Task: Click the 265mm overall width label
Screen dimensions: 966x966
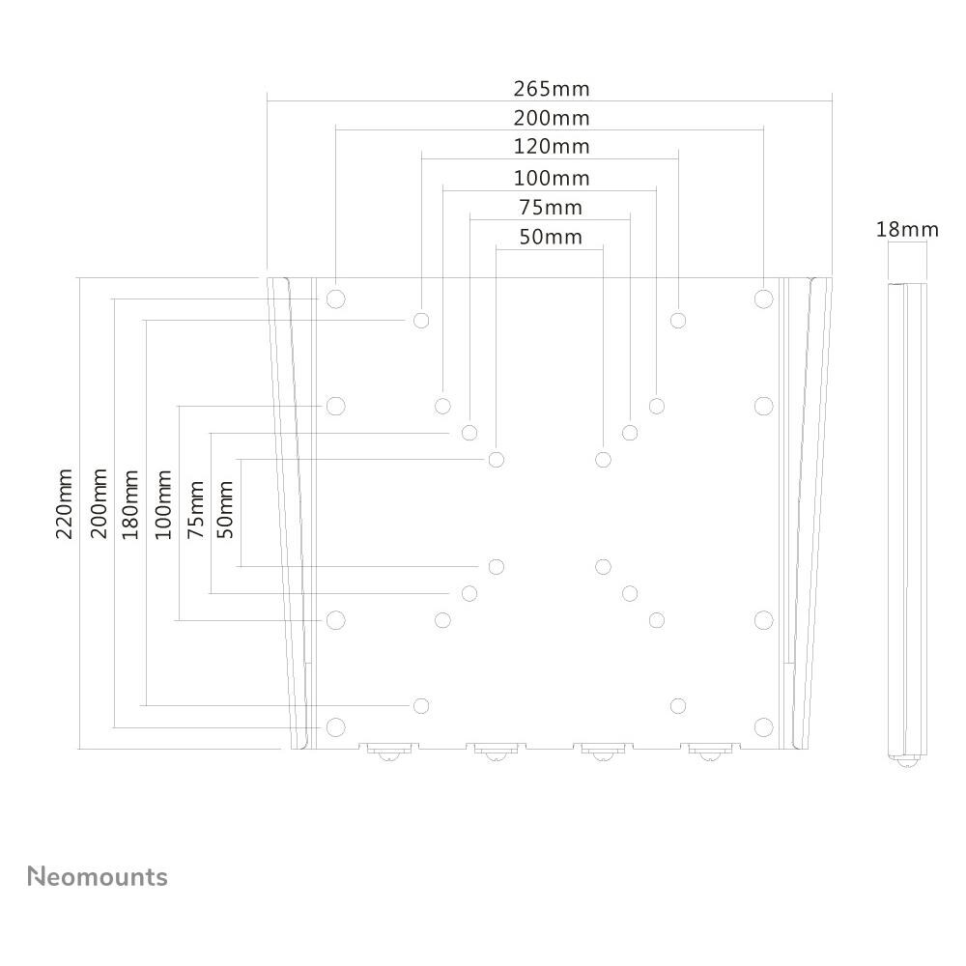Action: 551,89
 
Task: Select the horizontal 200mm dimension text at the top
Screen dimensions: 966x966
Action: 551,119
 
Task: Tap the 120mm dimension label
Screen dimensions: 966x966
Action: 551,148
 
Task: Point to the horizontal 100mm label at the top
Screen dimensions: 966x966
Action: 551,179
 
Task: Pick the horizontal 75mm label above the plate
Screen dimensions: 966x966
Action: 551,208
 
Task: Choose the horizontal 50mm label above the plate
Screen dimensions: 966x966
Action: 551,237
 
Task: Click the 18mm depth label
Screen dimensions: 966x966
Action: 907,230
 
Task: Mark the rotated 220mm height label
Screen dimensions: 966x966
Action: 66,504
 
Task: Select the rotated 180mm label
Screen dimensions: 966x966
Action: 130,504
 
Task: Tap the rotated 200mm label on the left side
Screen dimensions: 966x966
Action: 99,504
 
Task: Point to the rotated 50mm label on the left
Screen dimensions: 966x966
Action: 226,509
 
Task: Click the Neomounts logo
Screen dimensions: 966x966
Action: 98,877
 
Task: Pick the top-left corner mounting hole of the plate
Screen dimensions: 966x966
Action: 335,298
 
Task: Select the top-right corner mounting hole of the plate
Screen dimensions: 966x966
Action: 763,298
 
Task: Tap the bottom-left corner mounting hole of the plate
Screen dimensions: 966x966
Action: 335,726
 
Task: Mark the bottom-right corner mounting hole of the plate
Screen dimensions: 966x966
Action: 763,726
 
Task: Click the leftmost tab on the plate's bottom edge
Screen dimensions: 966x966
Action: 389,750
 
